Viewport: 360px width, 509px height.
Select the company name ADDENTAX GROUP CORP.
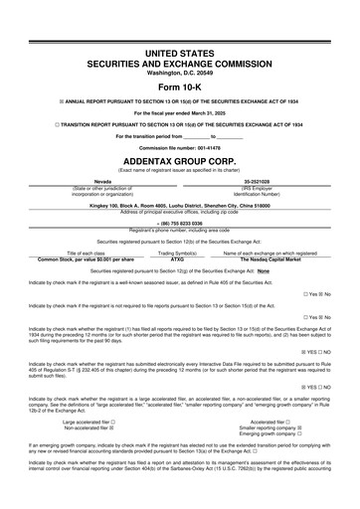179,158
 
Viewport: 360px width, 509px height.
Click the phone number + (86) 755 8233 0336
179,224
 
